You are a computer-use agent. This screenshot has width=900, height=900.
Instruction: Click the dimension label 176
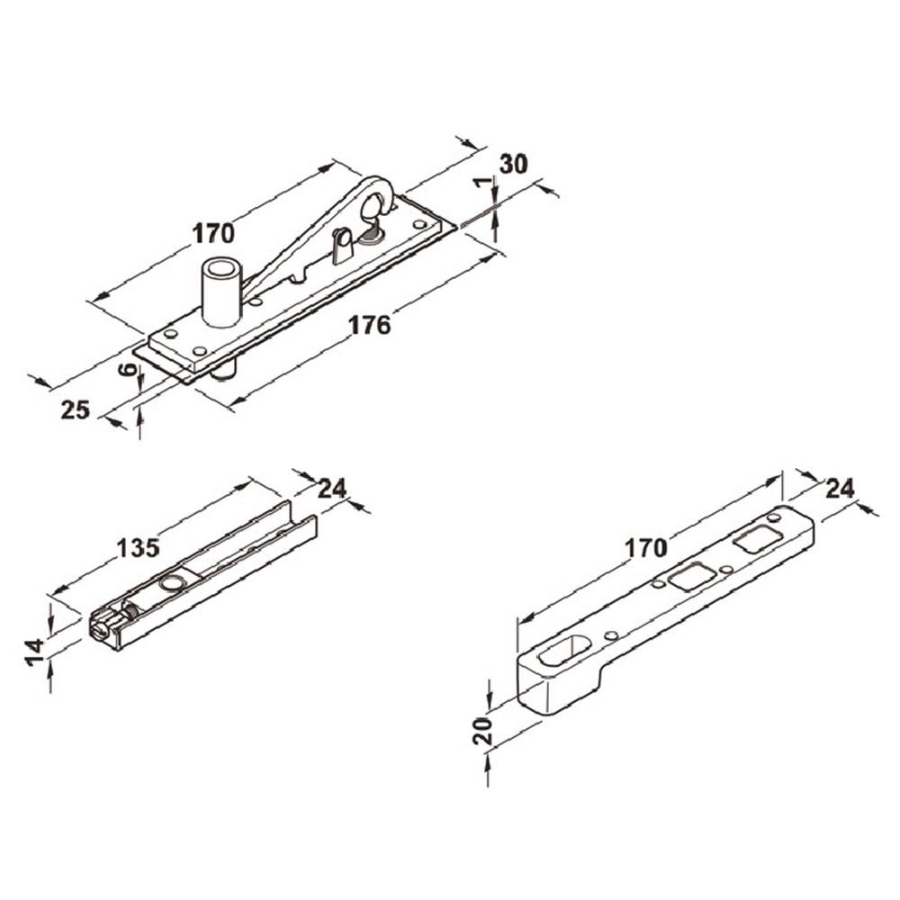click(x=370, y=326)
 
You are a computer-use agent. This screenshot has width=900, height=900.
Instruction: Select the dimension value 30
click(x=514, y=164)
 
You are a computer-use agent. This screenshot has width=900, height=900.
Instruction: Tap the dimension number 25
click(x=76, y=409)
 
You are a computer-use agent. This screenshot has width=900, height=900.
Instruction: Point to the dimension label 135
click(x=138, y=548)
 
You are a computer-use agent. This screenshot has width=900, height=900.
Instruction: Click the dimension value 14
click(x=35, y=652)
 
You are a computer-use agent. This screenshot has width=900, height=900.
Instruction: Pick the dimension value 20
click(x=482, y=731)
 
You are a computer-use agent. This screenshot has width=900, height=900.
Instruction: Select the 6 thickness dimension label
click(x=130, y=369)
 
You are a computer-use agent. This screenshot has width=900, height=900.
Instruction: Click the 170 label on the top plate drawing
click(x=213, y=234)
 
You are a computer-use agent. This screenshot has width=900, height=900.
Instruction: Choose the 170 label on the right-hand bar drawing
click(x=645, y=548)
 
